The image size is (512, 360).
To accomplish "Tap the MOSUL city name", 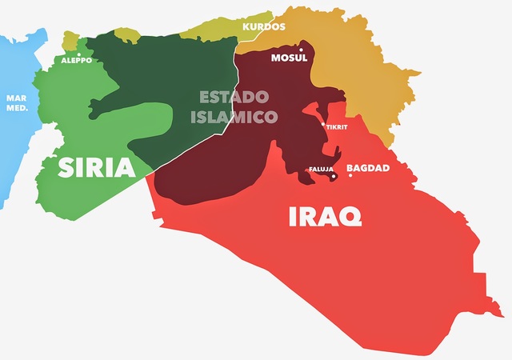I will (x=290, y=58).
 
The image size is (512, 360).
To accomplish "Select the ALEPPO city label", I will (x=76, y=60).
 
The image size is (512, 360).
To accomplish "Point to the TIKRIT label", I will (x=338, y=127).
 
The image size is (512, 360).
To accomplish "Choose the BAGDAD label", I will (x=367, y=168).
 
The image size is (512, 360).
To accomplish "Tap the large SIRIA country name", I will (x=96, y=169).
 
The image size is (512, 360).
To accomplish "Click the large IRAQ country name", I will (x=325, y=215).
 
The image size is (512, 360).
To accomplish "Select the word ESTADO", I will (x=233, y=98).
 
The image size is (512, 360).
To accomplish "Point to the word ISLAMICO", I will (x=233, y=117).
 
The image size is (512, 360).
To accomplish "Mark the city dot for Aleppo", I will (x=78, y=52).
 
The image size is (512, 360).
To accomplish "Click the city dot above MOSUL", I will (x=301, y=50).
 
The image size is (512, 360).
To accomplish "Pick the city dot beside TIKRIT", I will (x=323, y=125).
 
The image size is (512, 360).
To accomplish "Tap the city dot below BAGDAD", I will (x=350, y=175).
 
